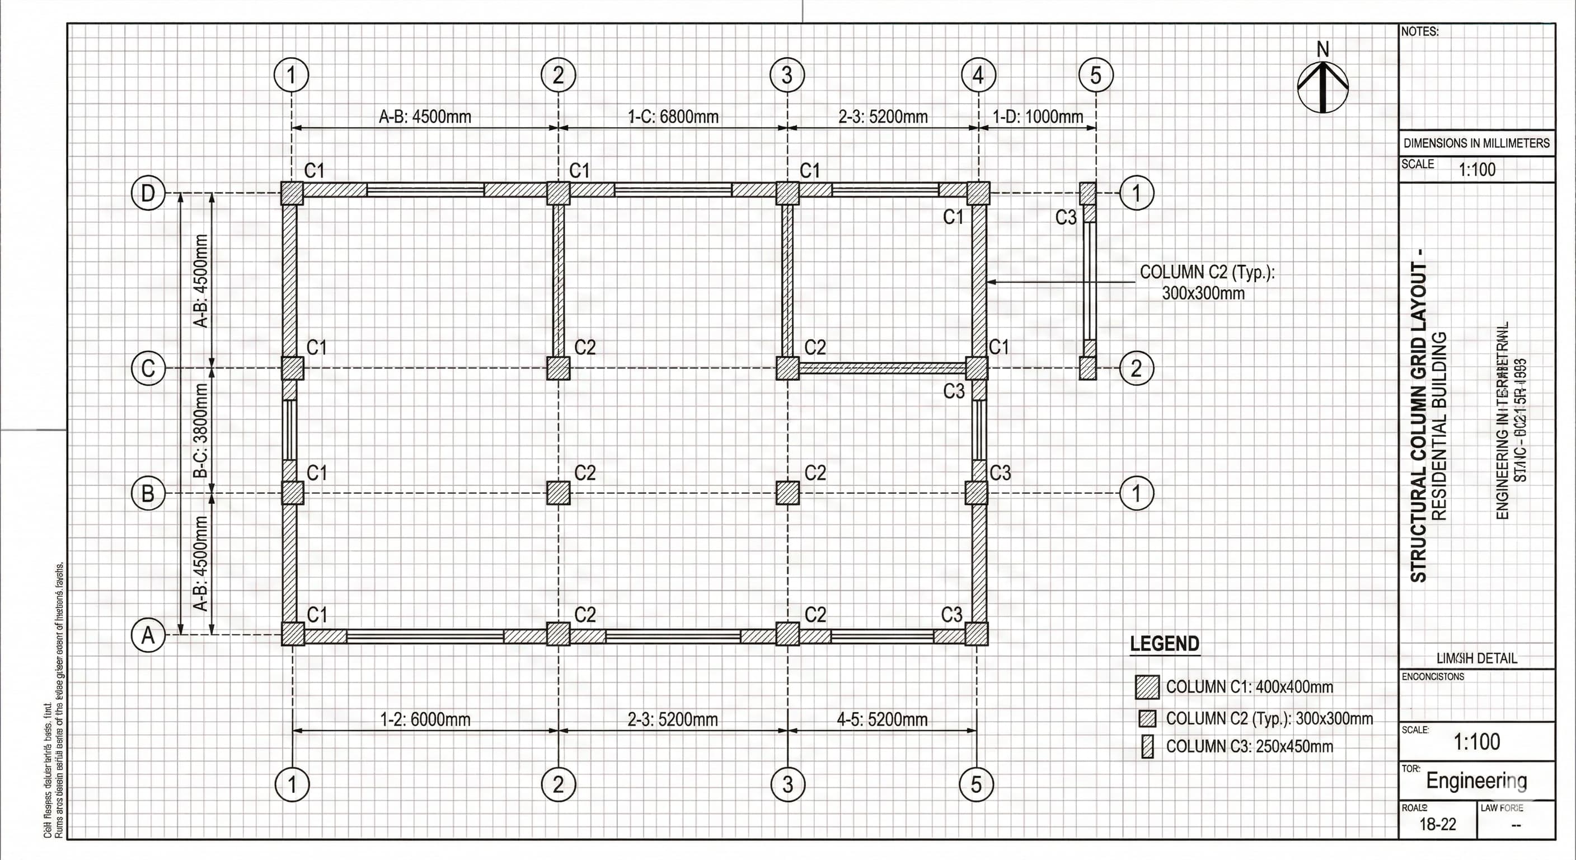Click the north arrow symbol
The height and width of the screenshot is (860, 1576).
pyautogui.click(x=1322, y=86)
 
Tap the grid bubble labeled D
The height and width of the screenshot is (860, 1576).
pyautogui.click(x=148, y=193)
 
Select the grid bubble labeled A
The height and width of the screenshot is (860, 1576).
pyautogui.click(x=148, y=636)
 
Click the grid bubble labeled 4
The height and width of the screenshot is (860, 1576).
pyautogui.click(x=978, y=75)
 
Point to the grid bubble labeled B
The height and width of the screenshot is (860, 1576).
pyautogui.click(x=148, y=493)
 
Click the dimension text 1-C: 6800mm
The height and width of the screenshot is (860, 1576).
pyautogui.click(x=673, y=116)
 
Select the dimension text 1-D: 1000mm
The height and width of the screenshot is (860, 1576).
pyautogui.click(x=1038, y=116)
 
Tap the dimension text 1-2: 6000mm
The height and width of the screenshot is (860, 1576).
pyautogui.click(x=425, y=719)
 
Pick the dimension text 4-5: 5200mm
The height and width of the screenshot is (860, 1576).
pyautogui.click(x=881, y=719)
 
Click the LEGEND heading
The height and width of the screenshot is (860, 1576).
pyautogui.click(x=1164, y=644)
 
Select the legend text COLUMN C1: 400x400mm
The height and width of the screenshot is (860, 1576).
pyautogui.click(x=1249, y=687)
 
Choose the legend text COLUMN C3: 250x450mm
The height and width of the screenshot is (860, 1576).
pyautogui.click(x=1249, y=747)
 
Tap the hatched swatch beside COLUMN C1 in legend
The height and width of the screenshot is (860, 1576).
pyautogui.click(x=1147, y=688)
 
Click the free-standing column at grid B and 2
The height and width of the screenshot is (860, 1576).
pyautogui.click(x=558, y=493)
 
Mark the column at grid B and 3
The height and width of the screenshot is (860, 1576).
pyautogui.click(x=787, y=493)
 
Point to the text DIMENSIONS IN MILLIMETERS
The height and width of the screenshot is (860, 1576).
pyautogui.click(x=1476, y=143)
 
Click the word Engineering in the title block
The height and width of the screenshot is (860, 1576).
pyautogui.click(x=1476, y=780)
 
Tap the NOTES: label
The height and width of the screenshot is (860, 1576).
pyautogui.click(x=1420, y=32)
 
